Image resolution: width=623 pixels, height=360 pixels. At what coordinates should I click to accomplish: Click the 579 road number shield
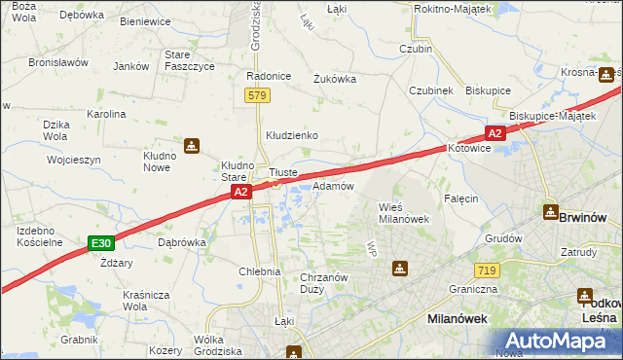pyautogui.click(x=257, y=95)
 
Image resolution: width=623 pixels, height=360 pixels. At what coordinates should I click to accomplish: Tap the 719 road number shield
pyautogui.click(x=488, y=270)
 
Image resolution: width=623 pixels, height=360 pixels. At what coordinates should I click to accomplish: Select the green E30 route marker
pyautogui.click(x=100, y=243)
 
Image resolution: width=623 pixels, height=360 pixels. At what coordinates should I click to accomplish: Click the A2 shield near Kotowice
pyautogui.click(x=495, y=133)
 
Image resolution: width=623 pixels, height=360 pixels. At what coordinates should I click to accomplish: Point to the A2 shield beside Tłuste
pyautogui.click(x=242, y=194)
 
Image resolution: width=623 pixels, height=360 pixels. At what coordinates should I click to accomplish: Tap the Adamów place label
pyautogui.click(x=332, y=185)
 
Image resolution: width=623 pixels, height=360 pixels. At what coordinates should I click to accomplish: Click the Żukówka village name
pyautogui.click(x=335, y=80)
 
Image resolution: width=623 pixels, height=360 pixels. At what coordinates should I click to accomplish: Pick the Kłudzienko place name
pyautogui.click(x=292, y=135)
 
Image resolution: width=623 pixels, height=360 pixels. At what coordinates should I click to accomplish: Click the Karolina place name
pyautogui.click(x=106, y=114)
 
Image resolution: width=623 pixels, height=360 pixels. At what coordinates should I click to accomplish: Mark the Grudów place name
pyautogui.click(x=504, y=237)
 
